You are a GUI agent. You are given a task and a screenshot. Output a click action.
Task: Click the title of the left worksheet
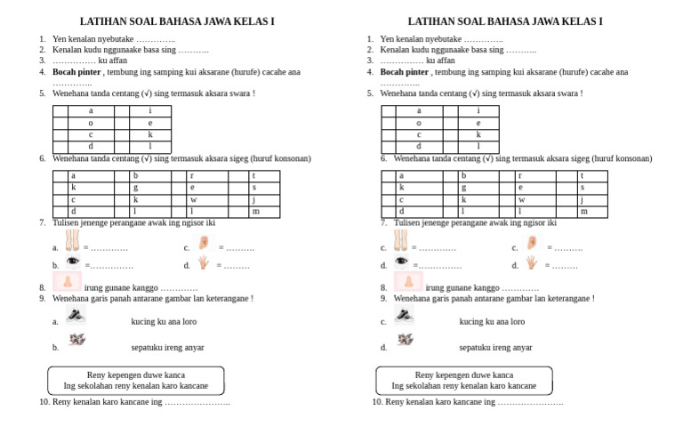(177, 20)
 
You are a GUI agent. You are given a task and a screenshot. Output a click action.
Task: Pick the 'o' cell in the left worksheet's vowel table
(90, 123)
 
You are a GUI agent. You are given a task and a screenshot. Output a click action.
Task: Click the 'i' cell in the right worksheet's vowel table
(478, 111)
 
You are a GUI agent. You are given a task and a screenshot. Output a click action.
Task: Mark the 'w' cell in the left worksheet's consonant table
(192, 200)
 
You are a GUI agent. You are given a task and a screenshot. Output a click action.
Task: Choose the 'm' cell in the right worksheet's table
(584, 212)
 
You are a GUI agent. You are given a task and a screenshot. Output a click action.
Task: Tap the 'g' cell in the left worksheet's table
(136, 188)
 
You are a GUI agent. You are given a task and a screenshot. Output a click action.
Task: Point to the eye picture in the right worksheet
(402, 262)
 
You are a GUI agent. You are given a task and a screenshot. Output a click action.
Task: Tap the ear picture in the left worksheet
(204, 242)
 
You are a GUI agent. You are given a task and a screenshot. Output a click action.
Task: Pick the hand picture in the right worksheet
(532, 262)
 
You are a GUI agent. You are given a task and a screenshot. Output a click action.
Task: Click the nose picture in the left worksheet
(67, 283)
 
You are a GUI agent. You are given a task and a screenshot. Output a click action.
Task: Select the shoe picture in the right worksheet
(405, 316)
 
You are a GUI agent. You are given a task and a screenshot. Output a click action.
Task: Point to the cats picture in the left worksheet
(77, 340)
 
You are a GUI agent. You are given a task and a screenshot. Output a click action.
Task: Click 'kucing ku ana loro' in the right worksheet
(492, 322)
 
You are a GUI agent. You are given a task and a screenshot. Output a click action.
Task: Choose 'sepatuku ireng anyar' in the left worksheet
(167, 348)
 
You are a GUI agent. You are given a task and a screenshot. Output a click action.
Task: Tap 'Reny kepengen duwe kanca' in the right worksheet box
(463, 375)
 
